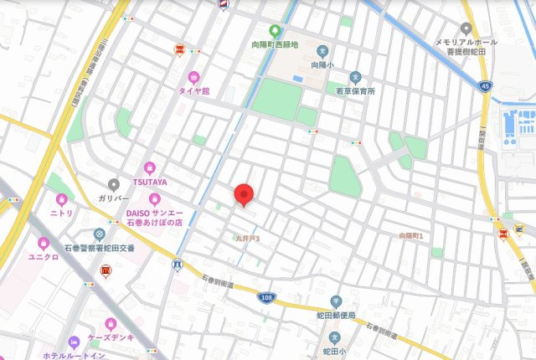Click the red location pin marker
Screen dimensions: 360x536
point(244,193)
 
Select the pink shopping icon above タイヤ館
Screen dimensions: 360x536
point(194,75)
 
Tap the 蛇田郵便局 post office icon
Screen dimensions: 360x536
point(335,301)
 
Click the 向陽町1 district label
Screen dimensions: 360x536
point(411,236)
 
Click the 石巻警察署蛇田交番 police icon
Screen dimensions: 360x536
point(100,234)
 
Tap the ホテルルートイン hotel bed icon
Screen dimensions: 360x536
point(73,342)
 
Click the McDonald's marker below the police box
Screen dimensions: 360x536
point(106,270)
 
